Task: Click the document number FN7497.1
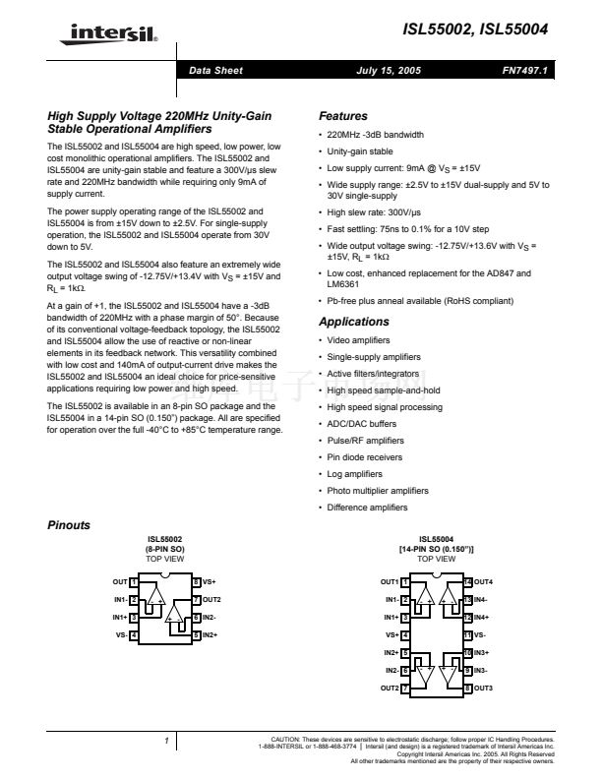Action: (523, 71)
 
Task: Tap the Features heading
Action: (343, 116)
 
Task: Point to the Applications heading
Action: (354, 322)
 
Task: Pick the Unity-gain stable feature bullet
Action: (360, 151)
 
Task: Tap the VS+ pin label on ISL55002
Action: (210, 582)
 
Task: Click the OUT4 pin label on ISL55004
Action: (483, 582)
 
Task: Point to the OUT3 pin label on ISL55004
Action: (483, 688)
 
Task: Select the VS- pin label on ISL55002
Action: (120, 635)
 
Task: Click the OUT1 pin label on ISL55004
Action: (390, 582)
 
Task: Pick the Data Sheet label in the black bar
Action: (215, 71)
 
